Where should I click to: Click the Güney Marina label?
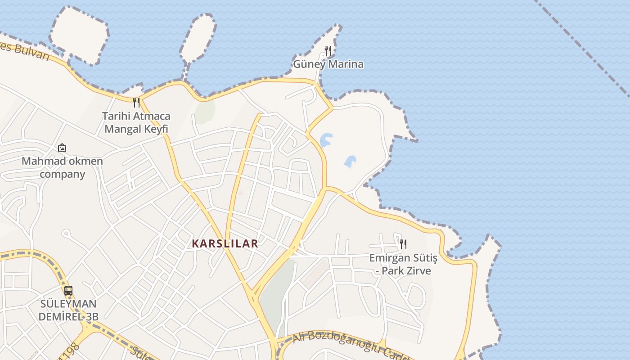tap(328, 64)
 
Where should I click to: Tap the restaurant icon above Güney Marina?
tap(328, 50)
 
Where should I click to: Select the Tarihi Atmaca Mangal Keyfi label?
tap(136, 122)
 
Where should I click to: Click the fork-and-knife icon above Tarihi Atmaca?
tap(136, 103)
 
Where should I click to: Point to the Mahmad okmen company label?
tap(62, 167)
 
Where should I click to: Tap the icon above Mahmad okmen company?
tap(62, 148)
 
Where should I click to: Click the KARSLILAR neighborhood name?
tap(225, 244)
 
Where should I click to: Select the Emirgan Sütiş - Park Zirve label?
tap(403, 264)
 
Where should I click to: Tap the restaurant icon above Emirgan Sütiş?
tap(403, 244)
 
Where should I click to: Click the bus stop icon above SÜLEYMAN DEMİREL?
tap(68, 291)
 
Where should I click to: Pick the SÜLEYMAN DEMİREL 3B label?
tap(68, 310)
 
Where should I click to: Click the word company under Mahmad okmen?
tap(62, 174)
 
